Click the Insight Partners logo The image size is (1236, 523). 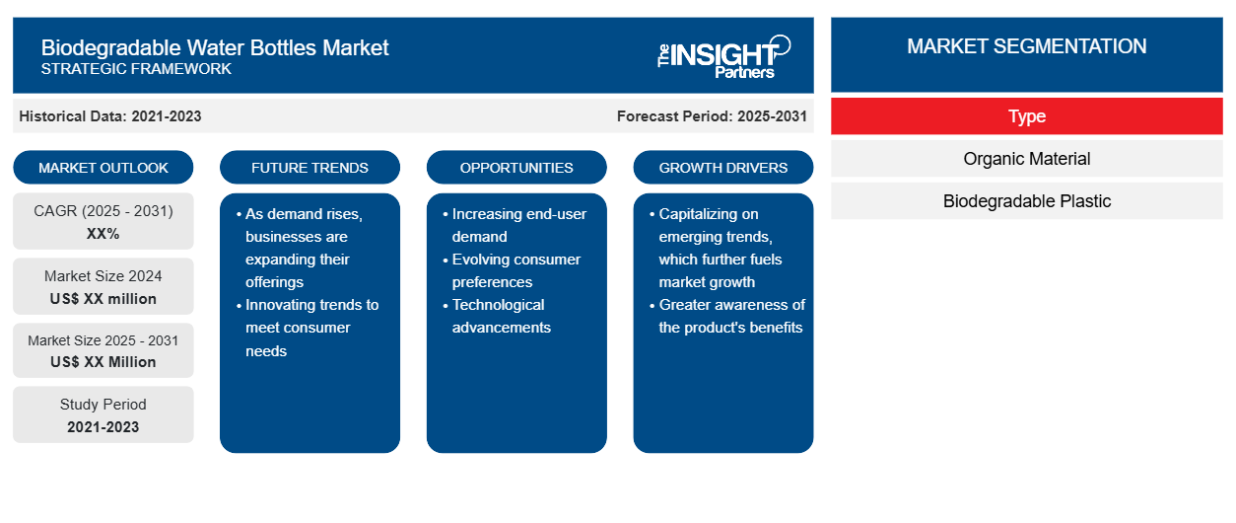[x=723, y=56]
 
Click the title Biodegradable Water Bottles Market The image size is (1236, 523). [x=215, y=47]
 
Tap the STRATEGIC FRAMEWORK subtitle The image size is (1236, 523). [x=136, y=69]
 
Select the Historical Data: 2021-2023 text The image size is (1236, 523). [x=109, y=116]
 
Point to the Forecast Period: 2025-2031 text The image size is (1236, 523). [x=712, y=116]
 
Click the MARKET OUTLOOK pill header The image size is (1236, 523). [x=103, y=168]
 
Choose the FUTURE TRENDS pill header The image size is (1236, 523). [x=309, y=168]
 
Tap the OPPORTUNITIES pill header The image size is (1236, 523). [x=516, y=168]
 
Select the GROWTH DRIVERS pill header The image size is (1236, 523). [x=722, y=168]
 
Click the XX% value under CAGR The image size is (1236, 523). [x=103, y=234]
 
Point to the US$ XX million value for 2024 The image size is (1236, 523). [x=103, y=299]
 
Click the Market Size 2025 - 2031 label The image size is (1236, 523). [x=103, y=340]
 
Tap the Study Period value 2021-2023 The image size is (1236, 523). [x=103, y=427]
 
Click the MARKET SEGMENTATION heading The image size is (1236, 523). [x=1026, y=46]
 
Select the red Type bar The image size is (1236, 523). [x=1027, y=116]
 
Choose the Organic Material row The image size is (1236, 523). [x=1027, y=159]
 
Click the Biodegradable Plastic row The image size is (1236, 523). [x=1027, y=201]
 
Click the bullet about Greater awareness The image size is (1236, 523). [x=727, y=316]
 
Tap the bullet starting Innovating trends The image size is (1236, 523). [x=308, y=328]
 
